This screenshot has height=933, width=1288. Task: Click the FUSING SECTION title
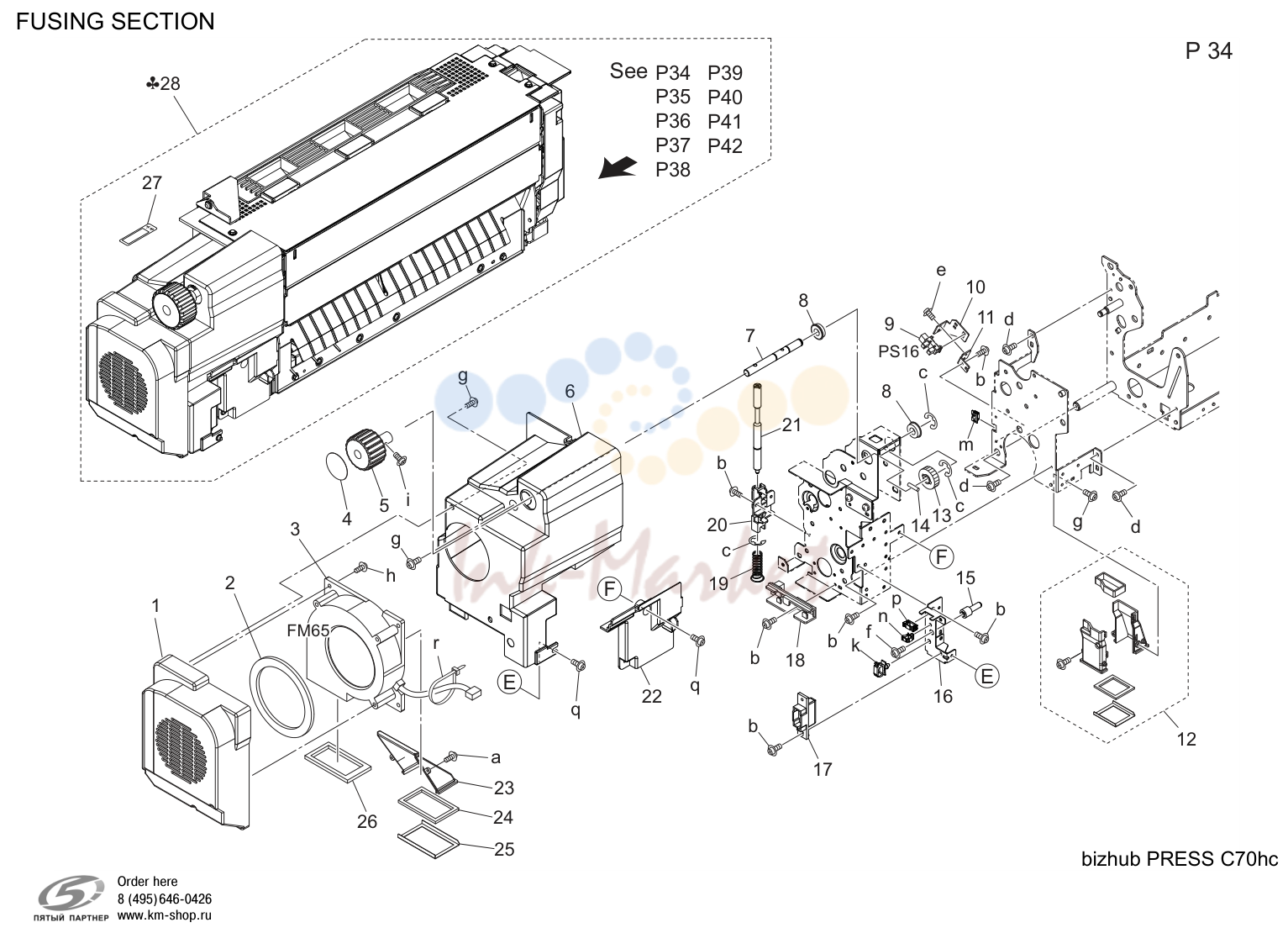point(115,22)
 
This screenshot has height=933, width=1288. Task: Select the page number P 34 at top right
point(1209,51)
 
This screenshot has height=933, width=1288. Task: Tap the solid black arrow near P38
point(618,167)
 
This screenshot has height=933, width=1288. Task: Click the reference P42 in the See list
point(725,146)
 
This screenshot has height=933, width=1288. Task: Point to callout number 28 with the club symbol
point(163,84)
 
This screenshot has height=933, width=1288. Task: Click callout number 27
point(152,183)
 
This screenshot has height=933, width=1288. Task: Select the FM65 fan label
point(308,631)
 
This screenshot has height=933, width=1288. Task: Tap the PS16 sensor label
point(899,351)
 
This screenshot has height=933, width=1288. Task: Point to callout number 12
point(1186,739)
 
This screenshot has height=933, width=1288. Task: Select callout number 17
point(823,769)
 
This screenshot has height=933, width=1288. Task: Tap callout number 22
point(651,696)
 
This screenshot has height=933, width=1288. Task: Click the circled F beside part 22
point(610,589)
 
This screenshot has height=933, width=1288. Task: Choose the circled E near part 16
point(986,677)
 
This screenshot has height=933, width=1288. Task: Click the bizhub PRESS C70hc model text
point(1180,859)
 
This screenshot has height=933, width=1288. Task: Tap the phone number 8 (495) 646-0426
point(165,899)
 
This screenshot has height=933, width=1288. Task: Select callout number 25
point(504,850)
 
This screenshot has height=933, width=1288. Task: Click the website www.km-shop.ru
point(165,915)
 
